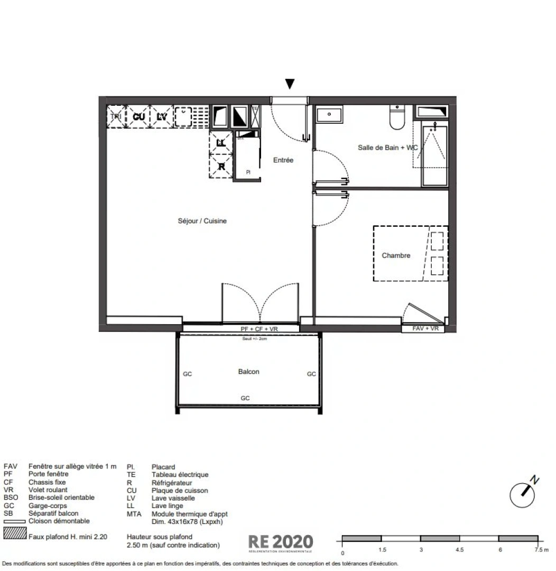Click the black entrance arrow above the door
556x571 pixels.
pyautogui.click(x=290, y=84)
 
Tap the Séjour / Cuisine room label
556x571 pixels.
pyautogui.click(x=202, y=221)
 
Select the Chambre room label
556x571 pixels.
pyautogui.click(x=396, y=255)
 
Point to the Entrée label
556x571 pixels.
pyautogui.click(x=283, y=160)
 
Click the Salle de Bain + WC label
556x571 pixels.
pyautogui.click(x=387, y=148)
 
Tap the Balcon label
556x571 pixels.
pyautogui.click(x=248, y=372)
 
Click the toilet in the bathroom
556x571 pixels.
pyautogui.click(x=396, y=117)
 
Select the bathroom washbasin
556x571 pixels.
pyautogui.click(x=329, y=114)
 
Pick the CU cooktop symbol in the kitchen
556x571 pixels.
pyautogui.click(x=139, y=116)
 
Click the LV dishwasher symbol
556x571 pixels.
pyautogui.click(x=162, y=116)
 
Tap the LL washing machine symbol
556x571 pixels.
pyautogui.click(x=221, y=142)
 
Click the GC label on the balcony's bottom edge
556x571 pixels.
pyautogui.click(x=245, y=398)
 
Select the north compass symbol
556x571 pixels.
pyautogui.click(x=523, y=492)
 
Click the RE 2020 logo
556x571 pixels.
pyautogui.click(x=281, y=542)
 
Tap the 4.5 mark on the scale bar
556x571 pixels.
pyautogui.click(x=459, y=550)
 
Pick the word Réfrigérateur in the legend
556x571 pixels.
pyautogui.click(x=172, y=483)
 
